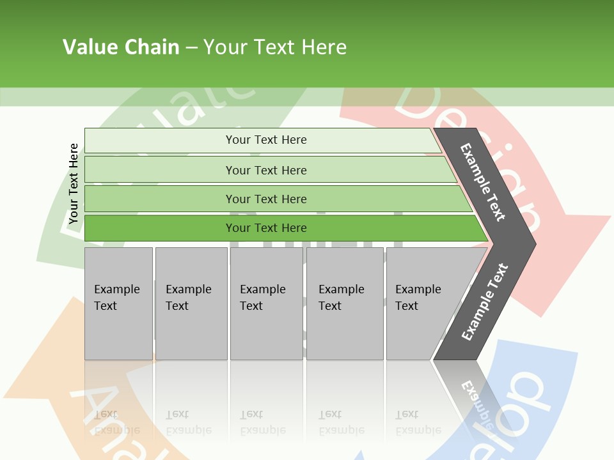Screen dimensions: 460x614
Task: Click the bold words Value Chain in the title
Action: click(x=121, y=47)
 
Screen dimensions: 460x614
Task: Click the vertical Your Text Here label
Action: click(x=74, y=183)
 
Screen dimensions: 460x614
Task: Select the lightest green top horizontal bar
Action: click(x=160, y=141)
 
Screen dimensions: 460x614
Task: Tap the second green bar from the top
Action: click(x=160, y=170)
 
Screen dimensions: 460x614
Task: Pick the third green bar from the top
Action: click(x=160, y=199)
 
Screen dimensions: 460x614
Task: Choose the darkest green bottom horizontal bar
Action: click(x=160, y=228)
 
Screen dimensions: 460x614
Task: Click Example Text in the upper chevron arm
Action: click(x=483, y=182)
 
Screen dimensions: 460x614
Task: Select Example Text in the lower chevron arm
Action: click(x=484, y=302)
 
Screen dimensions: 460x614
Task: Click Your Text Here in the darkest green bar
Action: click(x=266, y=228)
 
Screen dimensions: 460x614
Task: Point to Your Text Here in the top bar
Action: click(x=266, y=140)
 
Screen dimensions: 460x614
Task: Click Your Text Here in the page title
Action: click(x=275, y=47)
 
